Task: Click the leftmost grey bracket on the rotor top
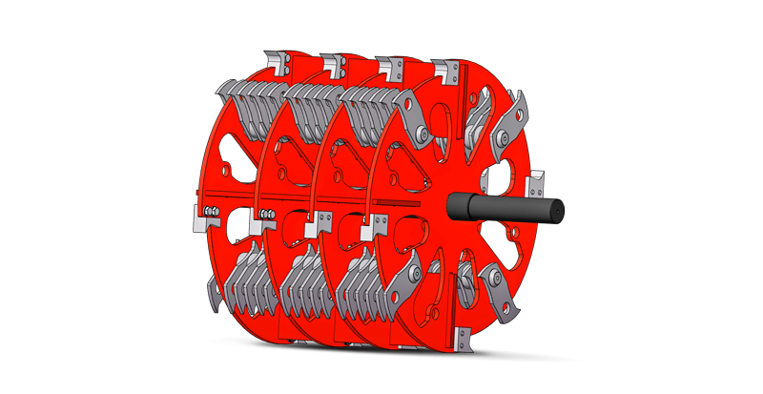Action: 278,63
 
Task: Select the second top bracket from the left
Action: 334,65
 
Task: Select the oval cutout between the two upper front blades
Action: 445,129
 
